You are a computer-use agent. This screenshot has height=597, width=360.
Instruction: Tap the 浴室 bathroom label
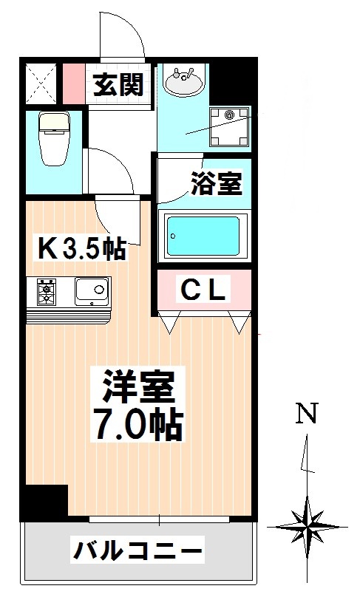click(217, 184)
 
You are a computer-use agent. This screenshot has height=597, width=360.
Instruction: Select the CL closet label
click(203, 290)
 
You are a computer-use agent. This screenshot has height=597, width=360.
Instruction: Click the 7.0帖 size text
click(137, 424)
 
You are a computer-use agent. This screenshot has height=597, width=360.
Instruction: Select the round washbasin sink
click(181, 81)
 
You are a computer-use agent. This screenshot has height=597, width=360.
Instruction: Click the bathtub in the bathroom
click(203, 236)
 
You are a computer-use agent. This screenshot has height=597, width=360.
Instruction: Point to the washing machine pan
click(230, 128)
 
